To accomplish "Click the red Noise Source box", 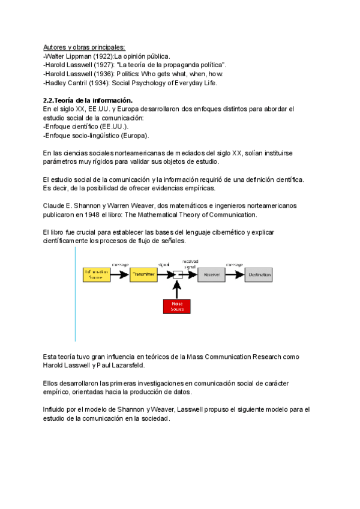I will pyautogui.click(x=177, y=306).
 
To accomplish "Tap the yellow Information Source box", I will pyautogui.click(x=97, y=275).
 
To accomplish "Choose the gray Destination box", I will pyautogui.click(x=259, y=275).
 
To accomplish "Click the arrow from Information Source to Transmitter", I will pyautogui.click(x=120, y=275).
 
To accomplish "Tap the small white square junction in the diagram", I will pyautogui.click(x=177, y=275).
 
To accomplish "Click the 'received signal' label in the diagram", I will pyautogui.click(x=191, y=264).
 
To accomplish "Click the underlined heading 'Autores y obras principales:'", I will pyautogui.click(x=84, y=47).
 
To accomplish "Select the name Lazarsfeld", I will pyautogui.click(x=128, y=365).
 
